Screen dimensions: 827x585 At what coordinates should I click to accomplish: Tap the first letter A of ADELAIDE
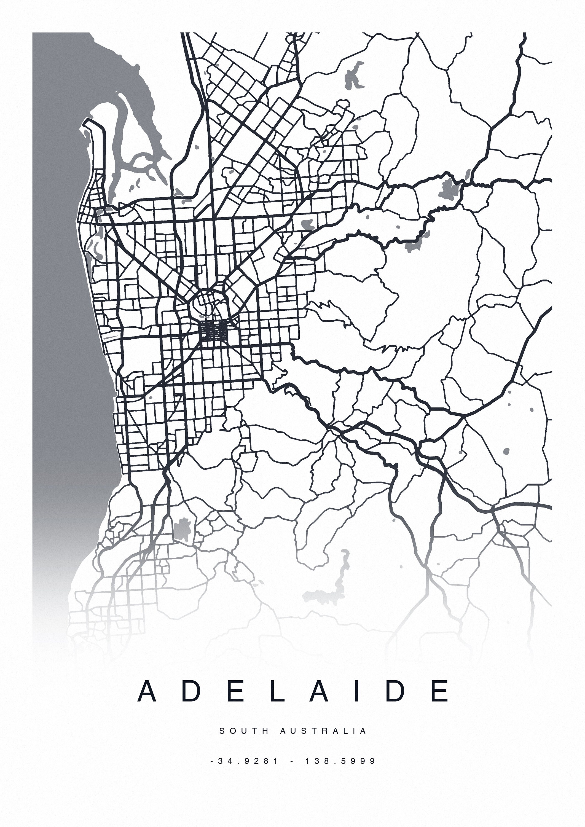click(x=147, y=691)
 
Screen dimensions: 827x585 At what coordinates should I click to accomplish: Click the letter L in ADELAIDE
click(x=277, y=691)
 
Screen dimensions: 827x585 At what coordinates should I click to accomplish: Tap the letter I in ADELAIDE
click(x=357, y=691)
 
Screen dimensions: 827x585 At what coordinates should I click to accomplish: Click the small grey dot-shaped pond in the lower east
click(x=506, y=451)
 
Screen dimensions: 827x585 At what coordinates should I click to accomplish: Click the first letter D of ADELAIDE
click(x=191, y=691)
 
